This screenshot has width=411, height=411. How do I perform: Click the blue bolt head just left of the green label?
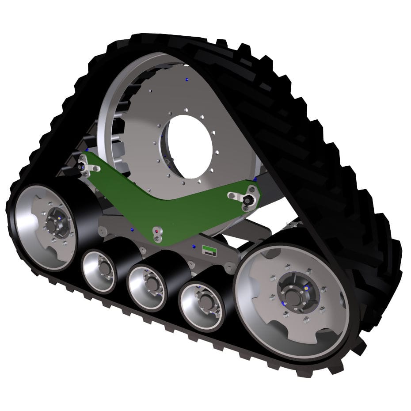194,245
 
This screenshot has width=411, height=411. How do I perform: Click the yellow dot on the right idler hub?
305,286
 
